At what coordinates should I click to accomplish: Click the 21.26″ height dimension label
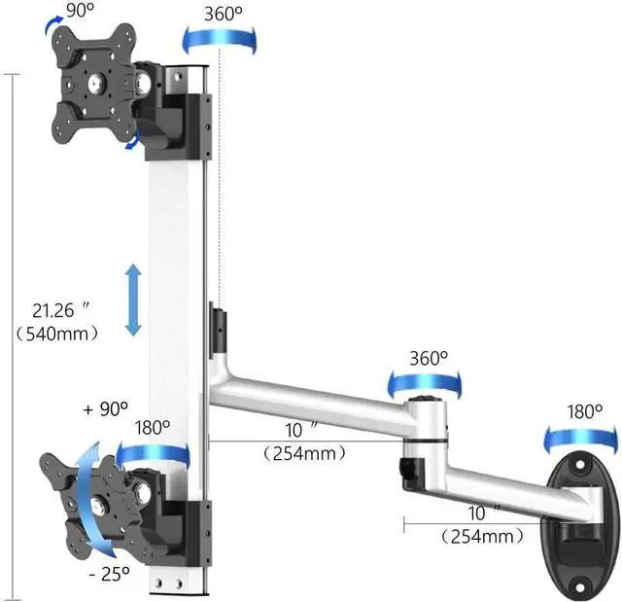(60, 310)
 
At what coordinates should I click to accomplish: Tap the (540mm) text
(56, 334)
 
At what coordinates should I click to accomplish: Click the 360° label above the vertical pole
(223, 14)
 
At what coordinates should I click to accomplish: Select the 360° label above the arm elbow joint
(429, 358)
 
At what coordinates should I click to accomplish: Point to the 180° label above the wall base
(584, 411)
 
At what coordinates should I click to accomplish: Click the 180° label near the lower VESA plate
(153, 427)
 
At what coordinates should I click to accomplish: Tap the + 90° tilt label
(106, 408)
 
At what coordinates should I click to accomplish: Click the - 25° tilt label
(109, 574)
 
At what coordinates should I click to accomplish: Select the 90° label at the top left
(80, 11)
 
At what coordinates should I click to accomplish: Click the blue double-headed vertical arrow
(133, 300)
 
